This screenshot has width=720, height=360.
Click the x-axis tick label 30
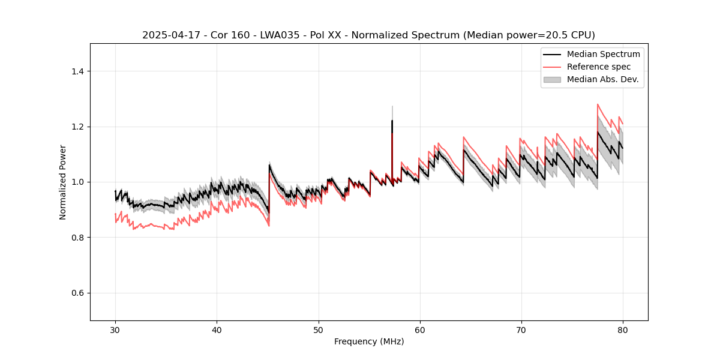click(x=115, y=330)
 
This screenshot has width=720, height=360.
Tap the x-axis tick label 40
click(x=217, y=330)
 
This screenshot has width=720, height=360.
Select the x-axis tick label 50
click(x=318, y=330)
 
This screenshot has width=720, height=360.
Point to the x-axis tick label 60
click(x=419, y=330)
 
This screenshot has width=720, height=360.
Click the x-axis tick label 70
click(x=521, y=330)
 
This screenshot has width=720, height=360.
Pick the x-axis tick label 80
click(x=622, y=330)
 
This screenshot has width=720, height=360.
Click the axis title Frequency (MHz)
click(x=369, y=341)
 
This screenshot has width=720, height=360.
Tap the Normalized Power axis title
click(x=62, y=182)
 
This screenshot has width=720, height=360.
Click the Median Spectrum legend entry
click(x=603, y=54)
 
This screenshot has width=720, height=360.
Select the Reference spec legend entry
click(x=599, y=67)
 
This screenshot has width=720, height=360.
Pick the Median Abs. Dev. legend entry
click(x=602, y=79)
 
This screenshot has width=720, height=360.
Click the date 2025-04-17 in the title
click(x=166, y=35)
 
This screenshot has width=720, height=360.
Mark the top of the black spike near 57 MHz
click(x=392, y=121)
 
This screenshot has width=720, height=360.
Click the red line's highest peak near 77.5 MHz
click(x=598, y=104)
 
